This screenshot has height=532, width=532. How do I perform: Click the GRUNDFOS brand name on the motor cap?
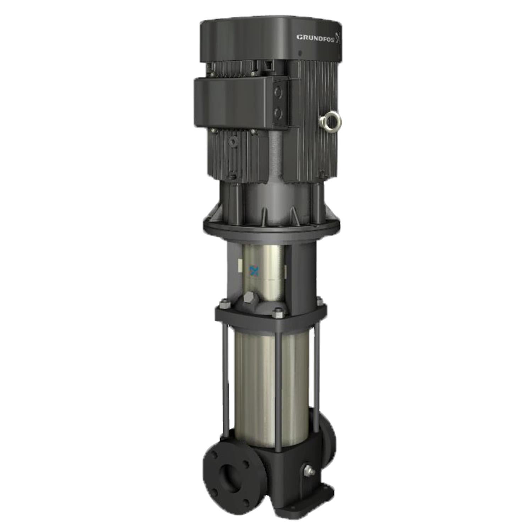click(315, 38)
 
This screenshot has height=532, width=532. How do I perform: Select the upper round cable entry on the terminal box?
click(278, 93)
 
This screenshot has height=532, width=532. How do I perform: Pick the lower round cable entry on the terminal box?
click(278, 113)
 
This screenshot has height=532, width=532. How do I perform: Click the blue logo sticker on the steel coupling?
click(253, 270)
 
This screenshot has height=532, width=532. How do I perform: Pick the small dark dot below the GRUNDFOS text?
click(300, 54)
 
